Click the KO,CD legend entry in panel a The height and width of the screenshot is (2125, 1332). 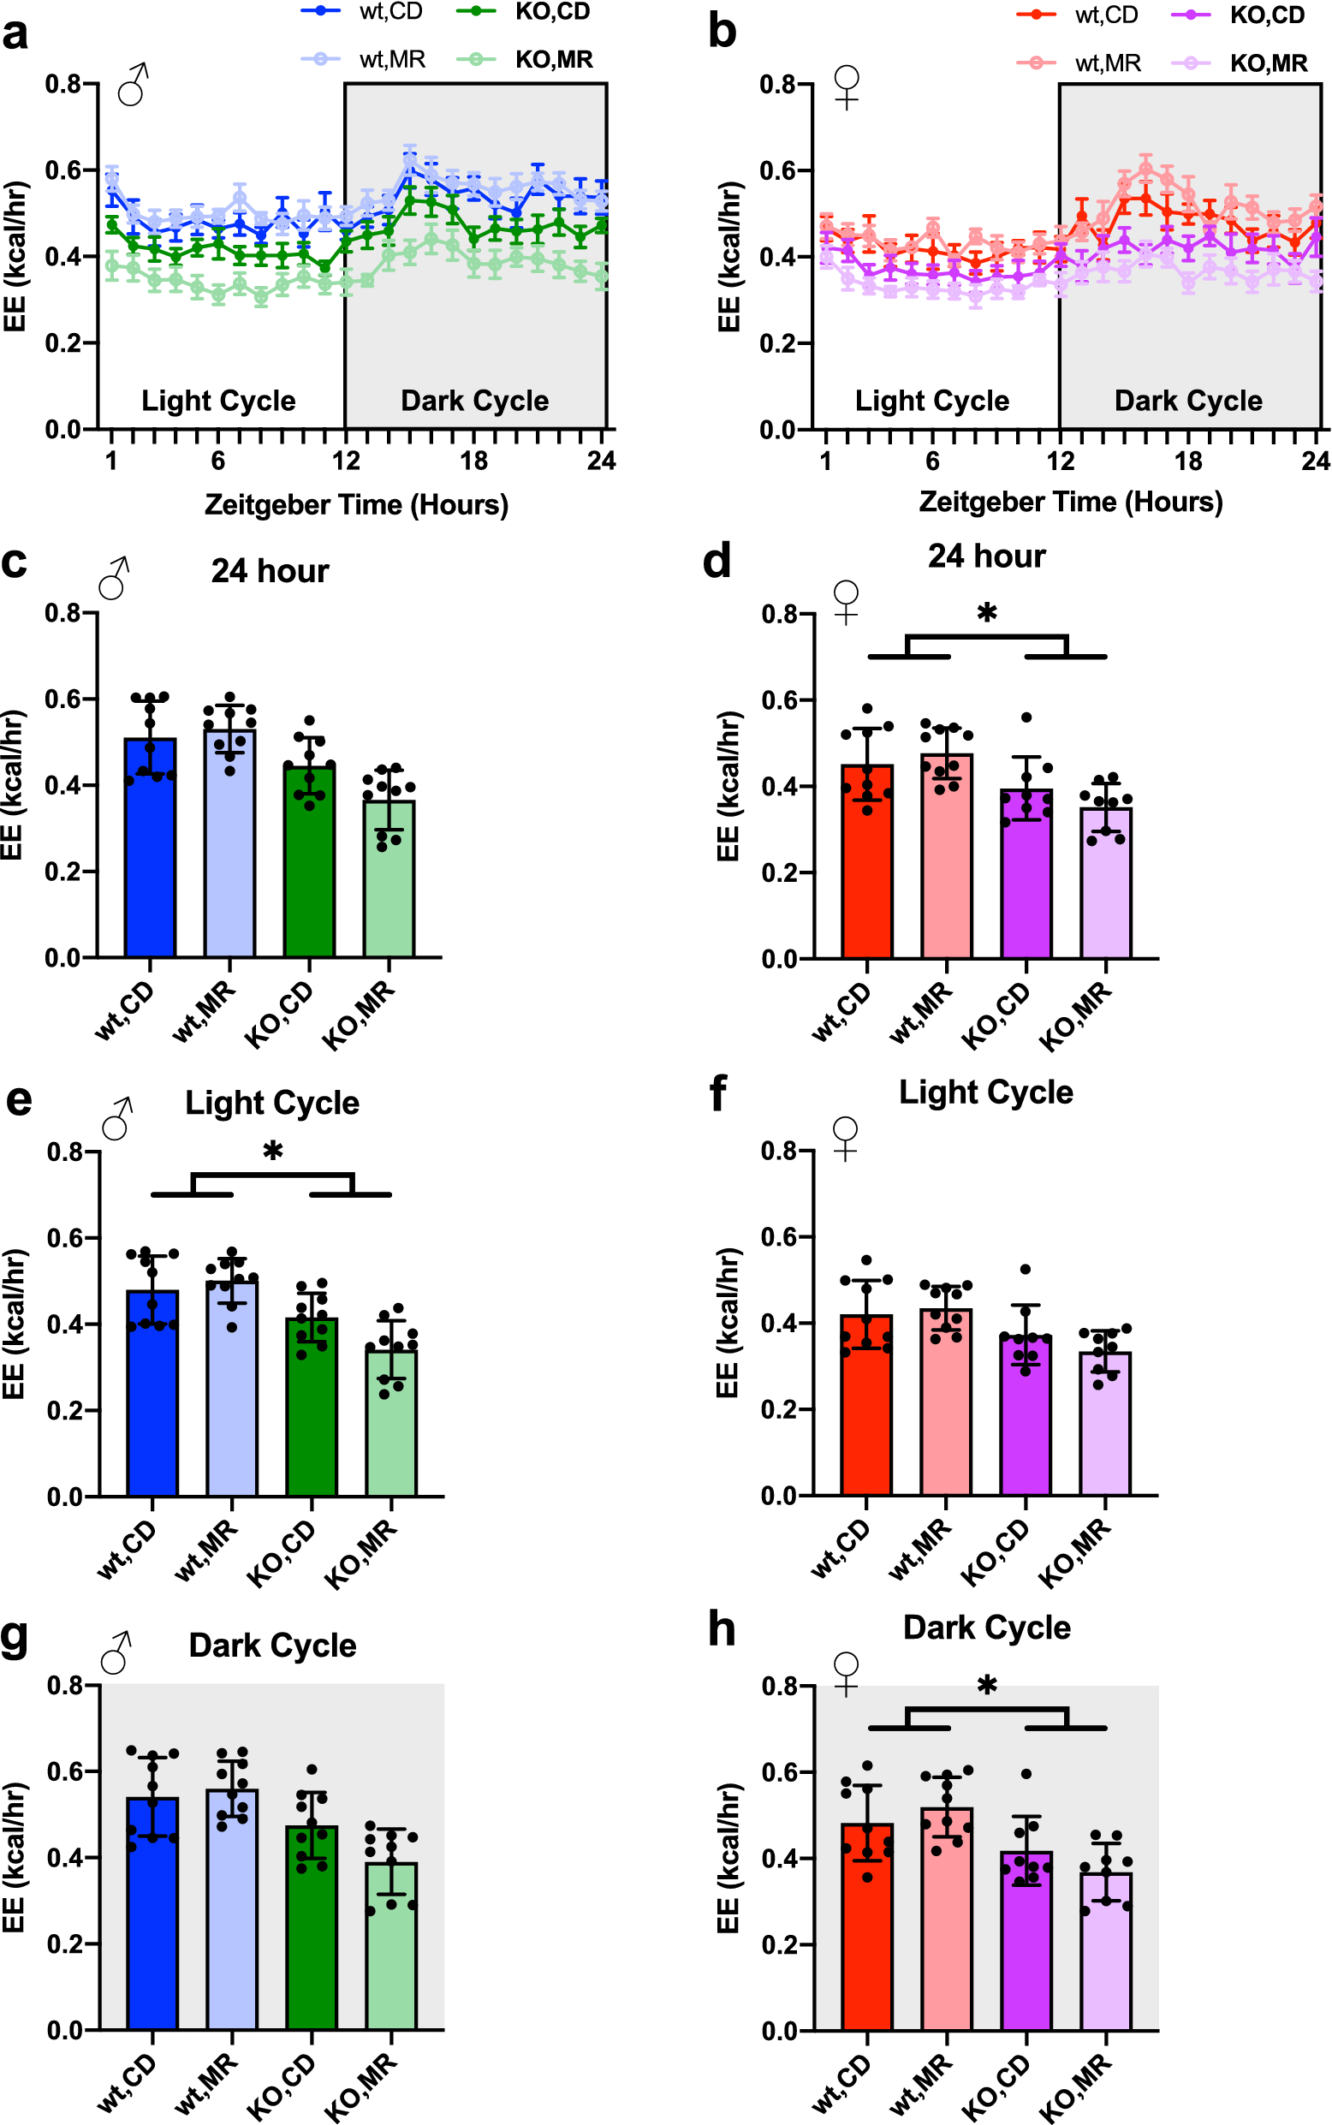[551, 11]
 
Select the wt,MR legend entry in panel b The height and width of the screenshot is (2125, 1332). [1107, 63]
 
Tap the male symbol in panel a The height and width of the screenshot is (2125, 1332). [134, 85]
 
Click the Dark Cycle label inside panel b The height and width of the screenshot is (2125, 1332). [1187, 401]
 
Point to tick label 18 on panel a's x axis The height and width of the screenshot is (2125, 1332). [473, 461]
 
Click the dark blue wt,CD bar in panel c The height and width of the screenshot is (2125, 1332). [150, 863]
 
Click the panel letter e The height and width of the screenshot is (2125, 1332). [19, 1101]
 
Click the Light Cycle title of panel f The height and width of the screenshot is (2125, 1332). [986, 1092]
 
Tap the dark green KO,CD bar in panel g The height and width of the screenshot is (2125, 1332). [312, 1938]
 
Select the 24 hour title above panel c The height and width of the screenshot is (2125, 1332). [270, 572]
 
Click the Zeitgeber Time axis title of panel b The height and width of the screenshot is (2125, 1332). [1070, 503]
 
